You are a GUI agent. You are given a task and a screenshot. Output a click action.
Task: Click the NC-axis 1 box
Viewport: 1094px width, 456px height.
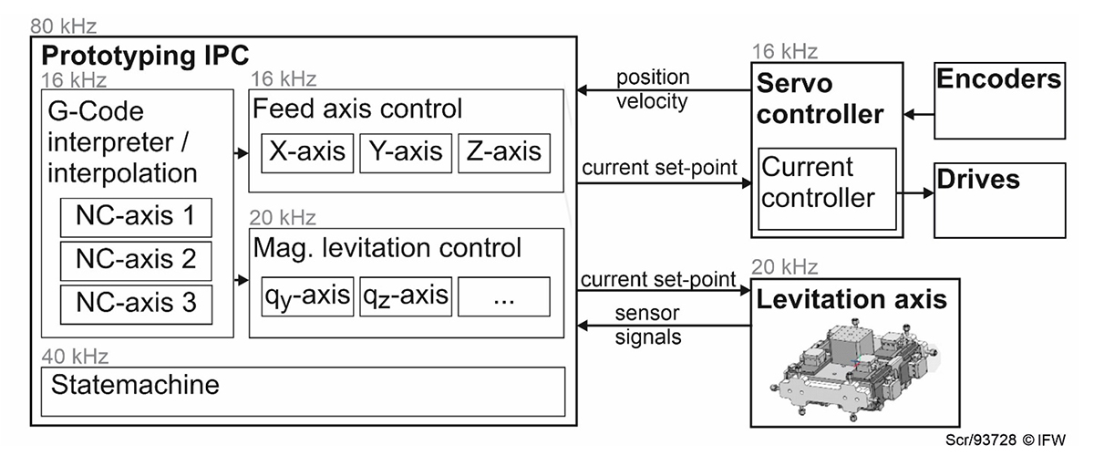(136, 217)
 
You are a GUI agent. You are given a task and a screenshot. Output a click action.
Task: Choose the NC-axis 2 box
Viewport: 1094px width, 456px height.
(136, 260)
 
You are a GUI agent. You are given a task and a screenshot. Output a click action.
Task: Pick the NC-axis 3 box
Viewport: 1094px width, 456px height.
(136, 303)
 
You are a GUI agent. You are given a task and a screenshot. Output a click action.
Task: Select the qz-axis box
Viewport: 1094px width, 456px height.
(405, 295)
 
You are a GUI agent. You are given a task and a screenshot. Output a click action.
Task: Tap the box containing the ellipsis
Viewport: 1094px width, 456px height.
(504, 295)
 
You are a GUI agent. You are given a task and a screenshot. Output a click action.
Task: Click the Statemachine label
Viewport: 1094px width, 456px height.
(136, 384)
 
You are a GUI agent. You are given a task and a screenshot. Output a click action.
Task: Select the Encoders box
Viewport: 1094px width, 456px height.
(999, 101)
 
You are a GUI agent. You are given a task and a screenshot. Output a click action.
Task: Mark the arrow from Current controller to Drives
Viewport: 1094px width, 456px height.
(915, 193)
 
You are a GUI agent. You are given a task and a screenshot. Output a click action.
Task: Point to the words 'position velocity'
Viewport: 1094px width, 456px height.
(653, 88)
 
